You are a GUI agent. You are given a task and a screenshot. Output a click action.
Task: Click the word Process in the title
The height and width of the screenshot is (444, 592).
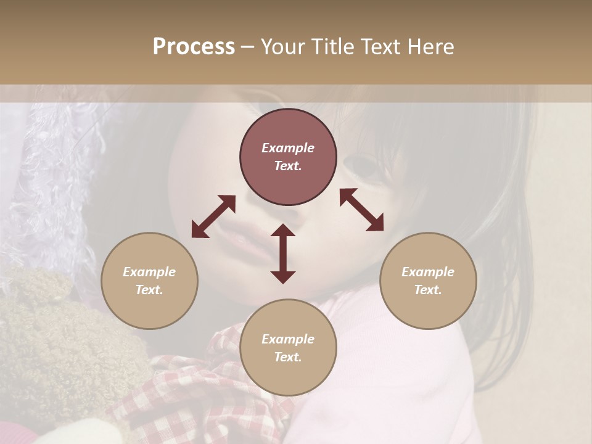pos(194,47)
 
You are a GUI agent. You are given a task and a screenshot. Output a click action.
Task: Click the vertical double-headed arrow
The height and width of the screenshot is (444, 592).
pos(283,253)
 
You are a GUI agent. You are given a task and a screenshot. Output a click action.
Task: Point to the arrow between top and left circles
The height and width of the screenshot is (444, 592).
pos(213,216)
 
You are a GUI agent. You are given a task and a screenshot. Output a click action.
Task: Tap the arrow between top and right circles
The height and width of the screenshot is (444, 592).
pos(362,210)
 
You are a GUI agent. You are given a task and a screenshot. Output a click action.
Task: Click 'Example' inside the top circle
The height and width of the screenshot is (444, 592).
pos(288,148)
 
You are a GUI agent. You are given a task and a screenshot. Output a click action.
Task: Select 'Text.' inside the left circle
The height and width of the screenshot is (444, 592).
pos(149,290)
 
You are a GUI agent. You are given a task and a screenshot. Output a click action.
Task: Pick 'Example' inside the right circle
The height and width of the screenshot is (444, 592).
pos(428,272)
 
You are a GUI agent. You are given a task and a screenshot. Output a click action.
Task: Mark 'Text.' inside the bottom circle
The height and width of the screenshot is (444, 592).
pos(288,357)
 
